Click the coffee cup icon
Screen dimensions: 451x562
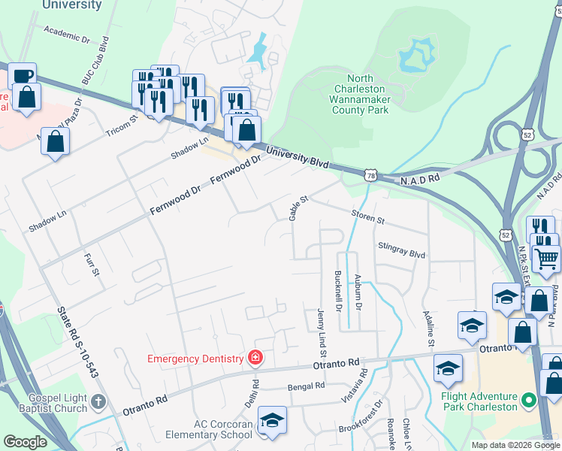(x=23, y=75)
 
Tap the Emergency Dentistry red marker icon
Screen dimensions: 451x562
(x=255, y=357)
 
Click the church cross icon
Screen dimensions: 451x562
(x=98, y=403)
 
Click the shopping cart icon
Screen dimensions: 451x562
(x=546, y=259)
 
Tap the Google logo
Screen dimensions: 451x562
(x=25, y=442)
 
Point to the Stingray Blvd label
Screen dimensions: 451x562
(x=402, y=250)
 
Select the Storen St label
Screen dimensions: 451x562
(x=367, y=219)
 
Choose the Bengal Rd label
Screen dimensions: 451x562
(x=307, y=386)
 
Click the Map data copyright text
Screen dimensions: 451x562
(x=515, y=445)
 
